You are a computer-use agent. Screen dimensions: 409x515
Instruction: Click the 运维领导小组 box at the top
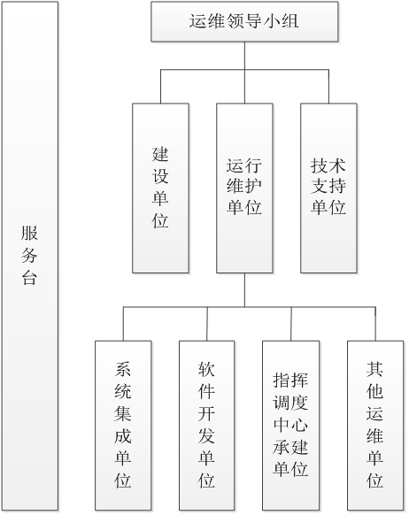244,21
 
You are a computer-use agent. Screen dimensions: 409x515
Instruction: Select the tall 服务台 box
30,256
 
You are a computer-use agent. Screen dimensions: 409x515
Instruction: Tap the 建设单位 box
160,188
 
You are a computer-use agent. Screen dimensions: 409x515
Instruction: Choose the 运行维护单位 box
244,188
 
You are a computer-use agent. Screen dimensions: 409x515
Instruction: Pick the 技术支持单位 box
328,188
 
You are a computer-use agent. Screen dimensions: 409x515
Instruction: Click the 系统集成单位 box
123,426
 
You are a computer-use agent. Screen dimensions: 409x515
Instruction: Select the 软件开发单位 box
206,426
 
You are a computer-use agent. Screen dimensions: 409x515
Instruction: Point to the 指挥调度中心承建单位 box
290,426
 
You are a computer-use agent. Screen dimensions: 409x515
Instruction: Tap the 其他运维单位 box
375,426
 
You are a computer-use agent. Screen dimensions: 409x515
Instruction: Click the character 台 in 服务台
29,278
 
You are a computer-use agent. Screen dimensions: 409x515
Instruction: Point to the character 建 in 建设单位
160,155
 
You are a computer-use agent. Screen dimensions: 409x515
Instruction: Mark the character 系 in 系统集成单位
123,369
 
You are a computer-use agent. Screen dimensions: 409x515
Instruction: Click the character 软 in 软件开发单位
206,369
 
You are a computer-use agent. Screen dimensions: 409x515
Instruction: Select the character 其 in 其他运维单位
375,369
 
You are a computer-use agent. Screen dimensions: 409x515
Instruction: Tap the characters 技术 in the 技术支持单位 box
328,165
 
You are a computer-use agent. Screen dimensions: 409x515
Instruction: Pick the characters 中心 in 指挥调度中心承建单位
290,425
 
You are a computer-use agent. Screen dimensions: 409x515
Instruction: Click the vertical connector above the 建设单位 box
160,87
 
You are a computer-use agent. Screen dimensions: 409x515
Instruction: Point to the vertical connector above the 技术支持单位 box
328,87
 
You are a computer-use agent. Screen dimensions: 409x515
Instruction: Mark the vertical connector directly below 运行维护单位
244,290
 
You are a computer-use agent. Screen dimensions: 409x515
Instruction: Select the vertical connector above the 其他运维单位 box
375,324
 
